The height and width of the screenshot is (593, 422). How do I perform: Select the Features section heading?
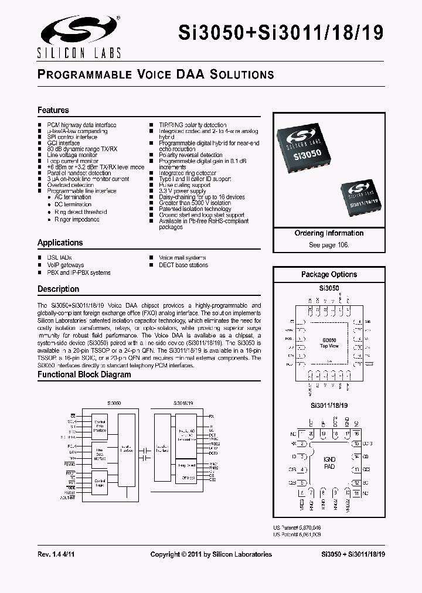coord(53,110)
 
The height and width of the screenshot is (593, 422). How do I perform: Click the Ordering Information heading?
coord(329,233)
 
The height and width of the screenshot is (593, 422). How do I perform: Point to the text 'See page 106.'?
coord(329,244)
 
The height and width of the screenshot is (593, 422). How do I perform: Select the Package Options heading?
coord(329,274)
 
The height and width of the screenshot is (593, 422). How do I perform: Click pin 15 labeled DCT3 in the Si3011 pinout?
coord(356,444)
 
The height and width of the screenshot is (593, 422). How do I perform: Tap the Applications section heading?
coord(60,243)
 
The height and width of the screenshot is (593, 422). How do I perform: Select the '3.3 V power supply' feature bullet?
coord(182,191)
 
